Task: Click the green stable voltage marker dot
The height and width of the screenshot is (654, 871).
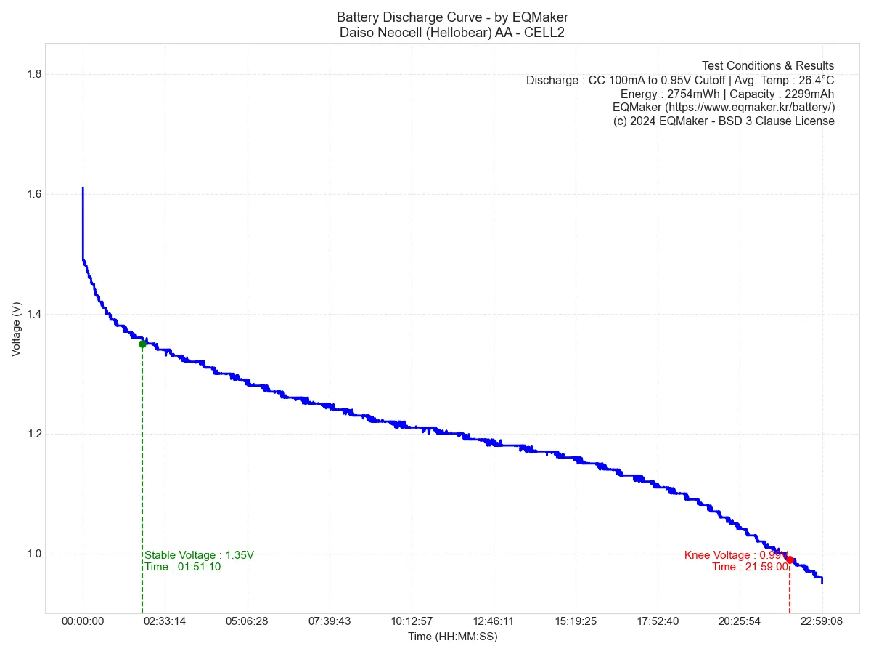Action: coord(142,344)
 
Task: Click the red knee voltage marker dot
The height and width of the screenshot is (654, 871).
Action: coord(790,560)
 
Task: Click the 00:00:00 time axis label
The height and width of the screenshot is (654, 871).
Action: coord(83,621)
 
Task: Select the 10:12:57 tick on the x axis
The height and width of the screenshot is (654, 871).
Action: coord(412,621)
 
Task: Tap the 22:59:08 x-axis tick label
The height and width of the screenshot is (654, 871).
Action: coord(822,621)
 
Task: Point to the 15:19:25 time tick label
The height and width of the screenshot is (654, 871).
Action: coord(576,621)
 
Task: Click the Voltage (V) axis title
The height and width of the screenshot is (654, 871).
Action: coord(16,329)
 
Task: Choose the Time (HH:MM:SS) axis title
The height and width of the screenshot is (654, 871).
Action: coord(452,637)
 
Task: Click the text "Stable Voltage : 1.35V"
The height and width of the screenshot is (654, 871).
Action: coord(199,555)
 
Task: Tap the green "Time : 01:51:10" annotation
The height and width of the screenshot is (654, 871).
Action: coord(182,567)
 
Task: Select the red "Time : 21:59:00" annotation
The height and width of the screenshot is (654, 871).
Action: coord(750,567)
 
